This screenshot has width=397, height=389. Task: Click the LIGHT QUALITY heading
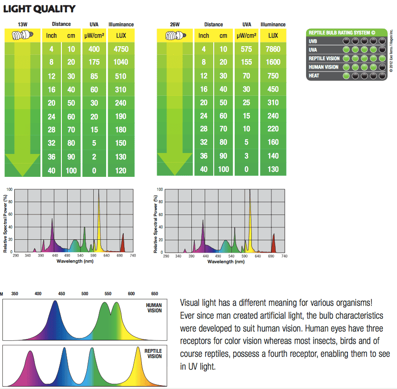point(39,9)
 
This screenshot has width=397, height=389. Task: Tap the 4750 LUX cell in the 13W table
point(120,49)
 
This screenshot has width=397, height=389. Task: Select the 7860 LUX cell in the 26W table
point(273,49)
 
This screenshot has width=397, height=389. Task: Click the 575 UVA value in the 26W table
point(247,49)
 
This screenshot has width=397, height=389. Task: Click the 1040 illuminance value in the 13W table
point(120,62)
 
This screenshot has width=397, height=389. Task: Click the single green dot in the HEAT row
point(346,76)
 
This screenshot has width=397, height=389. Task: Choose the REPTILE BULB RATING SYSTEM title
point(342,32)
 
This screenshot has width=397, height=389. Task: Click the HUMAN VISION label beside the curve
point(154,308)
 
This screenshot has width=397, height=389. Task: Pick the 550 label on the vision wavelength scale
point(108,294)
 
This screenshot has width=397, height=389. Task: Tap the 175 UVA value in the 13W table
point(94,62)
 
